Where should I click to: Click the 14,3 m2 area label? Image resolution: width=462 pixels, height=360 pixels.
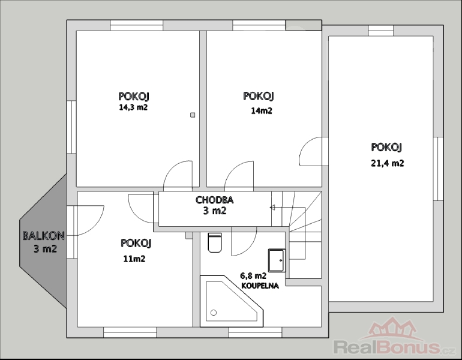click(133, 107)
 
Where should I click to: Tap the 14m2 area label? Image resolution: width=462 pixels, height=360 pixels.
click(262, 111)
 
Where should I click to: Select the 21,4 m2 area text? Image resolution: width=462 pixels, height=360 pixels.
click(387, 163)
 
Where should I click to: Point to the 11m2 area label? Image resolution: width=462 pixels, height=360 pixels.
click(134, 259)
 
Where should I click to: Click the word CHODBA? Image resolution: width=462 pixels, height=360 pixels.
click(215, 200)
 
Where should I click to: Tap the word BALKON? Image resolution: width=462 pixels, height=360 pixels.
click(44, 236)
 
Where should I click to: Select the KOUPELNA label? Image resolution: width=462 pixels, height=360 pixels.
click(260, 286)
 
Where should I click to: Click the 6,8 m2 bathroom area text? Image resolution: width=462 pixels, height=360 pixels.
click(253, 276)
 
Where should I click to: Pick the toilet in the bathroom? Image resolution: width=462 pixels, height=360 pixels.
click(215, 242)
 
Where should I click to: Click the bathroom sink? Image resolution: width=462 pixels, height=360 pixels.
click(277, 260)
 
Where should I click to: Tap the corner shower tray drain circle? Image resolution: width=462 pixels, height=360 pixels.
click(214, 313)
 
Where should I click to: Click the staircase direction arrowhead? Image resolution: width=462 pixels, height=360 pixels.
click(272, 208)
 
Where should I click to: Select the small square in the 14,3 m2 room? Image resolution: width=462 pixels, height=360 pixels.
click(193, 115)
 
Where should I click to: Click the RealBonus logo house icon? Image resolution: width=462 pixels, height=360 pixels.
click(392, 328)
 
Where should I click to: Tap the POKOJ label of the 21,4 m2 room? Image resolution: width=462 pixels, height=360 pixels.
click(386, 147)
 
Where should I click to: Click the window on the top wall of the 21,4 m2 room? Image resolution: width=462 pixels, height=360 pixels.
click(381, 31)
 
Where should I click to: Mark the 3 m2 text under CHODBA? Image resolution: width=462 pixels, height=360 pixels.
click(215, 211)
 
